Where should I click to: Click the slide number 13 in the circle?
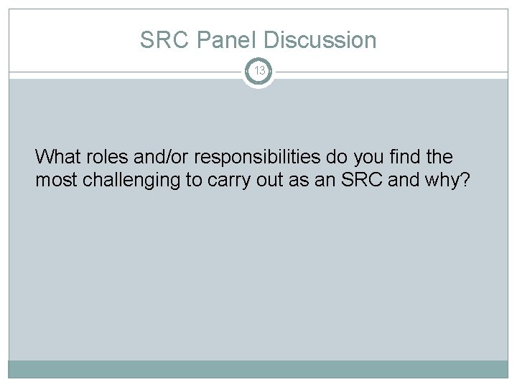coord(258,71)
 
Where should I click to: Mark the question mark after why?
coord(466,180)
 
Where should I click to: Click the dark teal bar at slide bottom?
coord(258,368)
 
